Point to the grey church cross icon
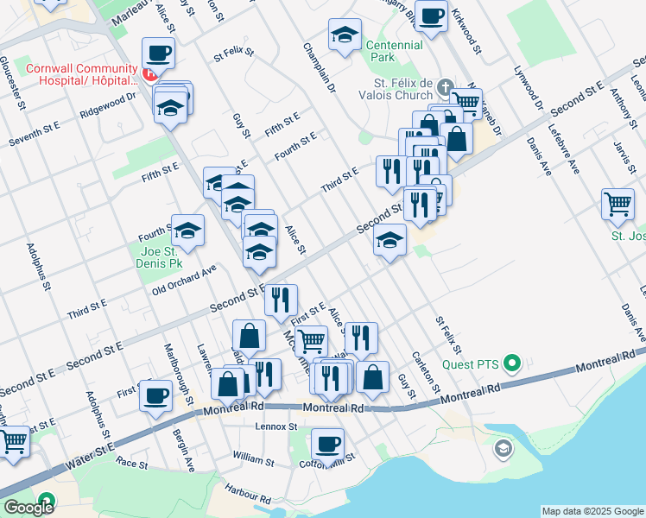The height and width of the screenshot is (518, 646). coord(445,86)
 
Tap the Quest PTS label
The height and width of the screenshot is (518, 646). coord(472,363)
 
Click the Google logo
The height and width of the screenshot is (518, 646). coord(28,508)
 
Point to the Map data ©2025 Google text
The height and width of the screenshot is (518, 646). coord(592,511)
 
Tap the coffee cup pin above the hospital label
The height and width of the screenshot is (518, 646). coord(159,54)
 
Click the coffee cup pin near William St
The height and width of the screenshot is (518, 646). coord(327,445)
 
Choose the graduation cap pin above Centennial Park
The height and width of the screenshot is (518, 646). coord(345,35)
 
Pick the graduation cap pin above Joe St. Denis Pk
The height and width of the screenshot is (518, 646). coord(187,231)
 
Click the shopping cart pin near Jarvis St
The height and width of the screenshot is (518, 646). coord(618,205)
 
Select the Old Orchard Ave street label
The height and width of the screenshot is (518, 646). coord(184,281)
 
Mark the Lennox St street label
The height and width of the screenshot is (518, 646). coord(276,426)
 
